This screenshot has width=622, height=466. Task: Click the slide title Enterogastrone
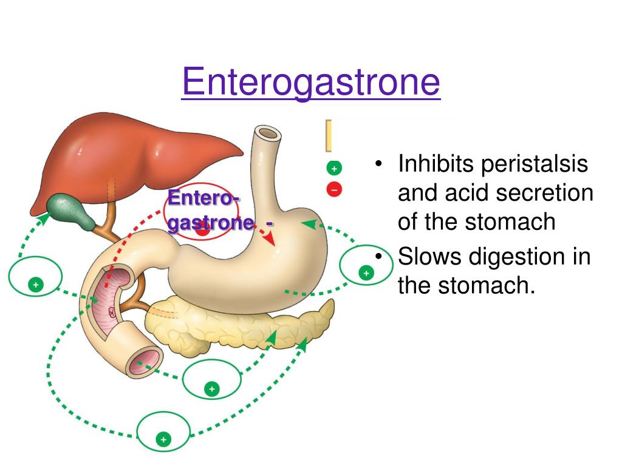(x=310, y=83)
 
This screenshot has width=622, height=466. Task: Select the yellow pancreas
(x=243, y=325)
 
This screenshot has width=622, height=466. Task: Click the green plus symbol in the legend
(x=334, y=167)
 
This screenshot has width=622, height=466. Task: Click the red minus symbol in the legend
(x=334, y=189)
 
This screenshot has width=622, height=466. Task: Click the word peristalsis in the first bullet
(x=535, y=165)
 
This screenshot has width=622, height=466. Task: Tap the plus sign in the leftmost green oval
(x=36, y=284)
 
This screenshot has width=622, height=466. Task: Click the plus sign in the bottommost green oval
(x=163, y=438)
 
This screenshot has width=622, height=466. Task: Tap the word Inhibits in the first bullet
(x=435, y=165)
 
